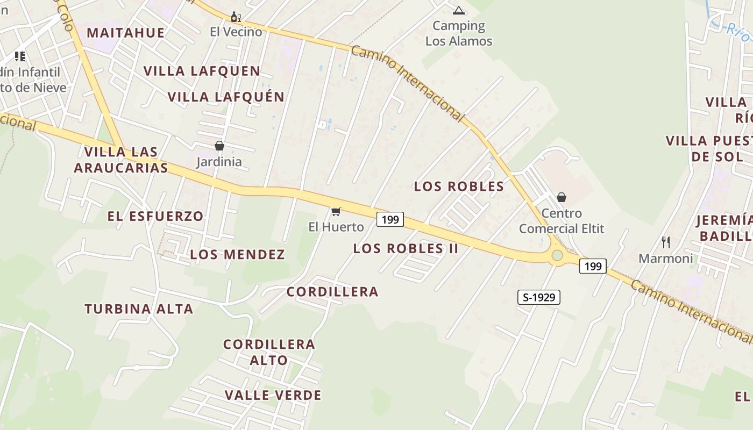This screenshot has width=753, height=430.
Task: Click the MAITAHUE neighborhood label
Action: click(125, 33)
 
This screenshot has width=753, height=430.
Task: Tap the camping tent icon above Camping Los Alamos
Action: click(458, 10)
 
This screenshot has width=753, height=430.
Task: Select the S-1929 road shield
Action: click(539, 297)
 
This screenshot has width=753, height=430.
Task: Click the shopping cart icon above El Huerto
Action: click(336, 211)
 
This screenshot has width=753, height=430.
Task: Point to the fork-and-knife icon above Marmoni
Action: click(666, 242)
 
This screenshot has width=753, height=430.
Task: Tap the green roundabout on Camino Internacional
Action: click(557, 255)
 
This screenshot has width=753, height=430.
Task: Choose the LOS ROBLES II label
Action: click(406, 248)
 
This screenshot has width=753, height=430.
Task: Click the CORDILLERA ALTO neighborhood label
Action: click(269, 352)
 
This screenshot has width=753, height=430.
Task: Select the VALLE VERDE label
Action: click(273, 396)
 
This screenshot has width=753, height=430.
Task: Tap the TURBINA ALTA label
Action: click(139, 309)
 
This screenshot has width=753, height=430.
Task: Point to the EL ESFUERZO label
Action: click(155, 217)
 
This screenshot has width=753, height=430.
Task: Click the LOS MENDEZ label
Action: click(237, 255)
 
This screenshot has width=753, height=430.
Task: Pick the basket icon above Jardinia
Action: click(219, 146)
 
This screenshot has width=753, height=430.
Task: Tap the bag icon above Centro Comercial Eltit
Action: click(562, 197)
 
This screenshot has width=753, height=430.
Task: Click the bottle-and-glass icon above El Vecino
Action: click(236, 17)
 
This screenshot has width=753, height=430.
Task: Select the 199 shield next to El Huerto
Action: click(390, 219)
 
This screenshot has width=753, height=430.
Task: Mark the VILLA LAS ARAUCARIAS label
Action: click(121, 160)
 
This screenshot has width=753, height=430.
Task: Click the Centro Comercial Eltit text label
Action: click(562, 221)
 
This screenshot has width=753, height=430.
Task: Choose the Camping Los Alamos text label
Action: click(459, 33)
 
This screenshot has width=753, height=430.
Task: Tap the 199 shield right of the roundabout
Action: click(593, 266)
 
